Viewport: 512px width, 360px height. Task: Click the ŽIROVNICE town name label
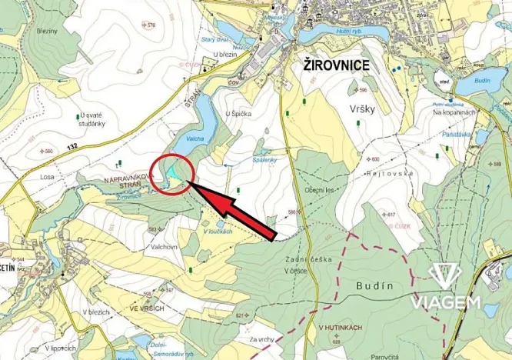(x=331, y=66)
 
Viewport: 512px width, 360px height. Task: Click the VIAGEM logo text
(x=446, y=302)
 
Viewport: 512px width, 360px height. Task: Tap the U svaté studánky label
(x=96, y=120)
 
